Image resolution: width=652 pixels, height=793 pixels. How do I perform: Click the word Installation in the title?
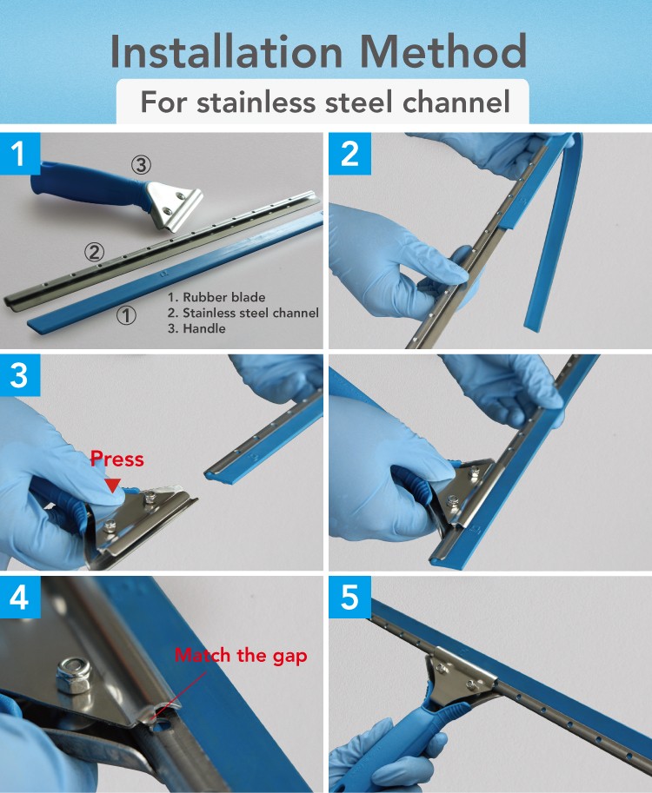[226, 51]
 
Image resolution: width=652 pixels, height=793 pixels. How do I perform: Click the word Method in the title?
[443, 51]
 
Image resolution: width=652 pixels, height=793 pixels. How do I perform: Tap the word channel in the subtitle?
[456, 102]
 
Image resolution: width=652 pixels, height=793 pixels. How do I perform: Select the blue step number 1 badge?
[20, 154]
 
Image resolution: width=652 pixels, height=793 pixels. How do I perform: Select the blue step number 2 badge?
[349, 154]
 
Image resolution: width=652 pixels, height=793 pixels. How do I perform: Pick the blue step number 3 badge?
[20, 376]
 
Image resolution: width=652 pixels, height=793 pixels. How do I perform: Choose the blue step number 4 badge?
[20, 598]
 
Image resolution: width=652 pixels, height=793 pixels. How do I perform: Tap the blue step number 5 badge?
[349, 598]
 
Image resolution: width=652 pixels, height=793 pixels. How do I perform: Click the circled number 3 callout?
[141, 165]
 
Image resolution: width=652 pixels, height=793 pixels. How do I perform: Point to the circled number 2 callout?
[94, 252]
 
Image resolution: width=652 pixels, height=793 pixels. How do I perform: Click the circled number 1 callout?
[126, 315]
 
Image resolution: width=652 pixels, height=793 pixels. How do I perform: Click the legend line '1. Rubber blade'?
[216, 297]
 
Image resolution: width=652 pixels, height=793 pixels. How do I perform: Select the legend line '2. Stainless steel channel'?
[243, 313]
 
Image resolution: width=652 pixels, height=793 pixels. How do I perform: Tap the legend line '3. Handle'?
[197, 328]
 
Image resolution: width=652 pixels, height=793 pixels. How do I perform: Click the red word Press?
[117, 459]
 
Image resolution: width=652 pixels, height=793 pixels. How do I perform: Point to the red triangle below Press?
[112, 486]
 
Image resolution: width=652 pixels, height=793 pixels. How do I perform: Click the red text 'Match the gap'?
[241, 656]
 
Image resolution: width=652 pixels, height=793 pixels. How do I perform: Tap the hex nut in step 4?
[74, 675]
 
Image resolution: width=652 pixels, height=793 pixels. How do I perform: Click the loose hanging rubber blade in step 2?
[555, 233]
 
